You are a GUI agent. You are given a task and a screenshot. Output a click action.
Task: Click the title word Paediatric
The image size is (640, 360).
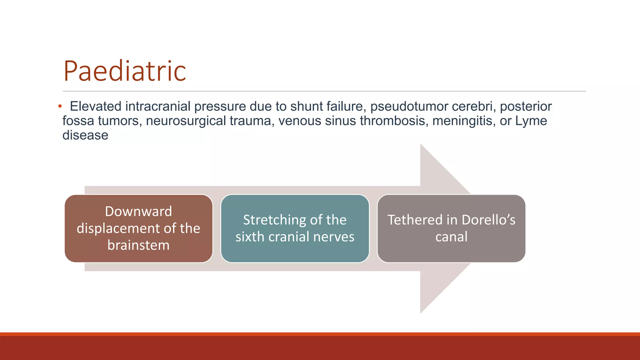[x=125, y=71]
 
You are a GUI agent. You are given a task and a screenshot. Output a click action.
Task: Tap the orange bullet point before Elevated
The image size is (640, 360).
[x=60, y=107]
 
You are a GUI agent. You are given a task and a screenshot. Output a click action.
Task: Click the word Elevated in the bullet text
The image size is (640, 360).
[x=96, y=107]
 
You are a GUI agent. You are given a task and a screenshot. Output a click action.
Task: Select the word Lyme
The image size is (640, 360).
[x=531, y=121]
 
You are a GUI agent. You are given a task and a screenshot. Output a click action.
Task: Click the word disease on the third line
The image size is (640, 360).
[x=85, y=135]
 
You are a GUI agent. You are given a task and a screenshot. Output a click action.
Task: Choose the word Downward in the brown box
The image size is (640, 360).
[x=138, y=212]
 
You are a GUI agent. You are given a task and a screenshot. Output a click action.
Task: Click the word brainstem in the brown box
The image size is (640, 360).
[x=138, y=245]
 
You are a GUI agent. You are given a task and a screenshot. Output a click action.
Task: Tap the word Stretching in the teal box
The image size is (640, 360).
[x=270, y=220]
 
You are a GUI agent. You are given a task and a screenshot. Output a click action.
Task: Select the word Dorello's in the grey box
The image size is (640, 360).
[x=488, y=220]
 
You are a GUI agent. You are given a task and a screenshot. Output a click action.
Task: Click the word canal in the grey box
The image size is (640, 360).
[x=451, y=237]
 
